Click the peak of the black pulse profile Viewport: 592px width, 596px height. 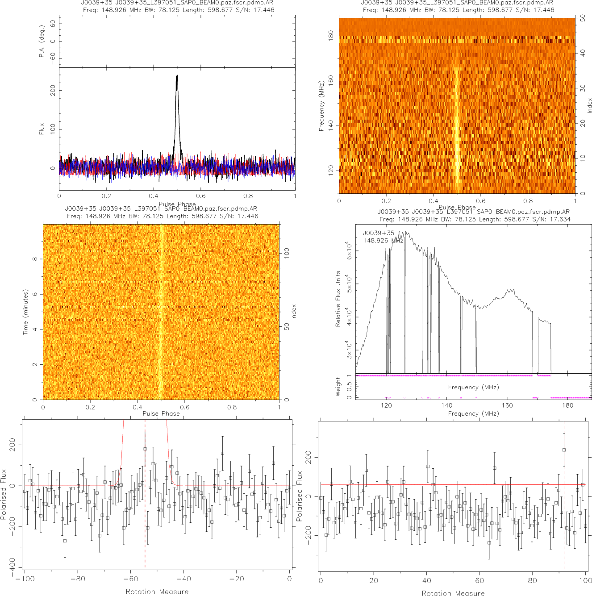click(x=177, y=76)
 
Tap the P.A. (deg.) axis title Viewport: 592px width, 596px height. click(x=42, y=42)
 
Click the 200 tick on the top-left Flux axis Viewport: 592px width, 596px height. click(x=53, y=91)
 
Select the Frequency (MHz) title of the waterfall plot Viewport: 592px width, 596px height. click(x=321, y=106)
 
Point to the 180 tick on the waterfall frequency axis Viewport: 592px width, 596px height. click(x=331, y=36)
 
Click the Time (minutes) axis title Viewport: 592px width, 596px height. click(x=25, y=312)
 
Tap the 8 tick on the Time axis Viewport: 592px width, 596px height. click(x=35, y=259)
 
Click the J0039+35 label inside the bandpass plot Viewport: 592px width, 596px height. click(x=379, y=233)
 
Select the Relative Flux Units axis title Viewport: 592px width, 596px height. click(x=338, y=299)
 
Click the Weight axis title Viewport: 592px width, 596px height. click(x=338, y=387)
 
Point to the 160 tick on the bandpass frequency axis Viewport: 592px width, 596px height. click(x=507, y=405)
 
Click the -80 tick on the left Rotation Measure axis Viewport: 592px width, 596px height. click(x=77, y=579)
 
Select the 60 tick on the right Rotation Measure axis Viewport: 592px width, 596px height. click(x=479, y=580)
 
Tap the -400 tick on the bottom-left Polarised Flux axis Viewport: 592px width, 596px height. click(x=12, y=564)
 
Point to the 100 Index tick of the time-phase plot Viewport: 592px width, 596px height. click(x=287, y=253)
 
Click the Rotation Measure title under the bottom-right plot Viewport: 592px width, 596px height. click(x=453, y=593)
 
